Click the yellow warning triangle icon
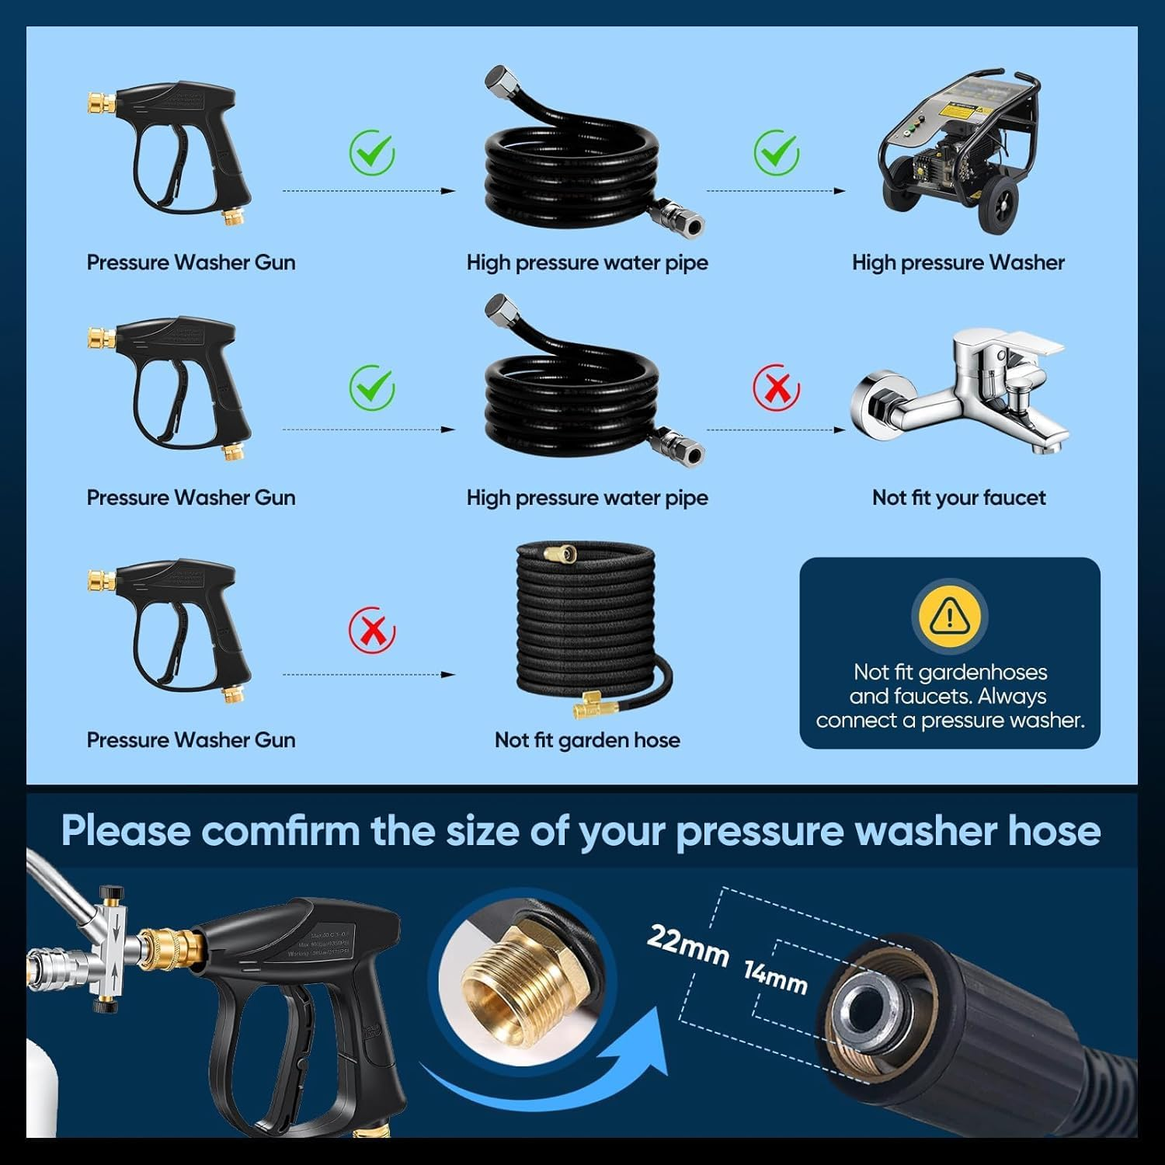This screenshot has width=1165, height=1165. [948, 616]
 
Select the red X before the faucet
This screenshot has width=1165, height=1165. [776, 388]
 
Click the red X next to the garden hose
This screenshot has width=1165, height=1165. [372, 630]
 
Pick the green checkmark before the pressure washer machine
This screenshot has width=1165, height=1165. [776, 152]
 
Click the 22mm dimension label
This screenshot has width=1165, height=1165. [687, 944]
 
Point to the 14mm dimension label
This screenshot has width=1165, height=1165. [775, 977]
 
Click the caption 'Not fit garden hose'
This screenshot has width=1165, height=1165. [587, 740]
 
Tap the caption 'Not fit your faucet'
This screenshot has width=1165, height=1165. [958, 498]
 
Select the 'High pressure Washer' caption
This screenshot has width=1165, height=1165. [958, 263]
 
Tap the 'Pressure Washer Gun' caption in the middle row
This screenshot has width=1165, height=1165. [191, 498]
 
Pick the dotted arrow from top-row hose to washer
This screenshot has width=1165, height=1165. [775, 191]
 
